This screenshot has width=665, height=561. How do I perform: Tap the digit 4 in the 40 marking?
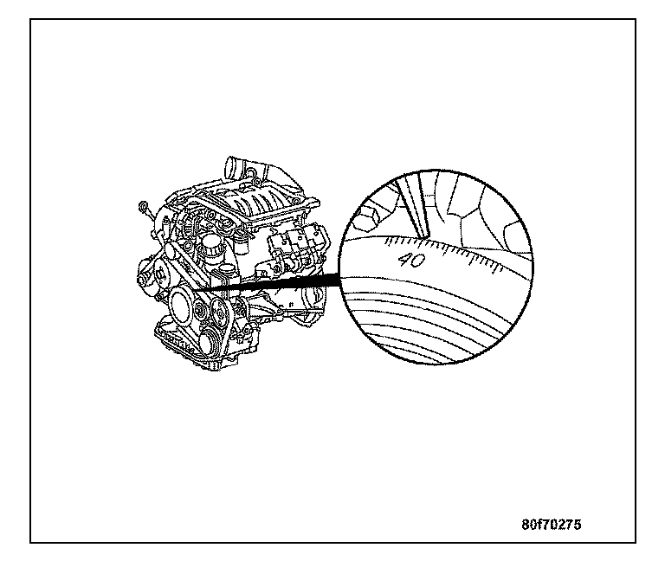pyautogui.click(x=404, y=259)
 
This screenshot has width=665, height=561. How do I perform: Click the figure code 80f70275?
pyautogui.click(x=552, y=525)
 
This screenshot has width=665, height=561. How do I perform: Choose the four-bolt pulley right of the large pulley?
pyautogui.click(x=219, y=316)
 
